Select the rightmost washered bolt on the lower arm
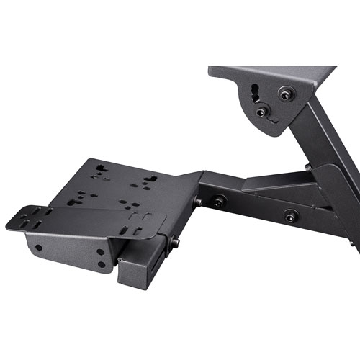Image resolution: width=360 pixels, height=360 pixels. [x=289, y=214]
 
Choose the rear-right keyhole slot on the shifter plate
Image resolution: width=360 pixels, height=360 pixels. [x=150, y=177]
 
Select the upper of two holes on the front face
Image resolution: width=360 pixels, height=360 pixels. [x=102, y=253]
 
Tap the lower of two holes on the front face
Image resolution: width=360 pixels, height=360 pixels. [x=101, y=265]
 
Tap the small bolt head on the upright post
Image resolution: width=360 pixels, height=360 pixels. [x=308, y=167]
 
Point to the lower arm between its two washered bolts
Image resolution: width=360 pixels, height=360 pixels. [x=252, y=209]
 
